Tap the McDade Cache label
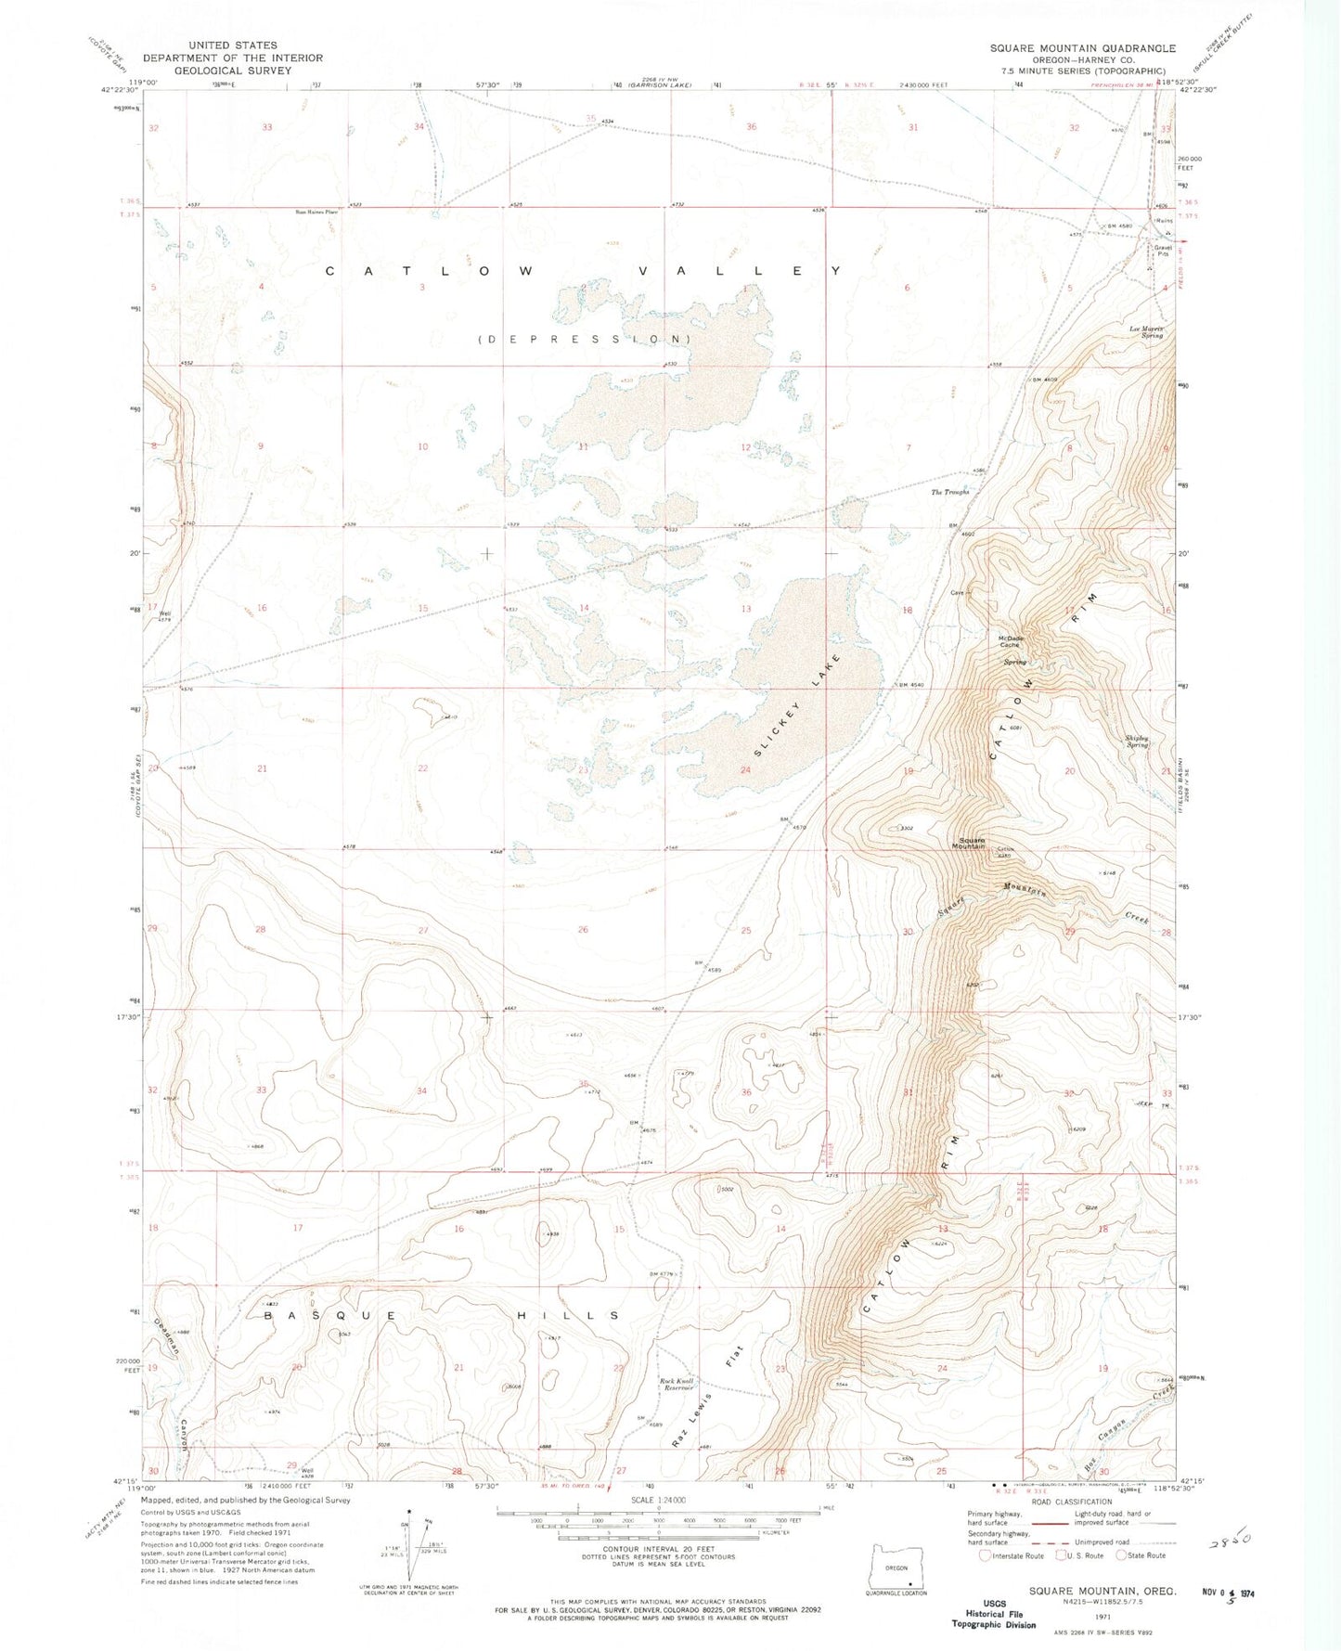(1011, 641)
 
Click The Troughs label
(949, 493)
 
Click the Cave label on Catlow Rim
(958, 592)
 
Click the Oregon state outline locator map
(896, 1567)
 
